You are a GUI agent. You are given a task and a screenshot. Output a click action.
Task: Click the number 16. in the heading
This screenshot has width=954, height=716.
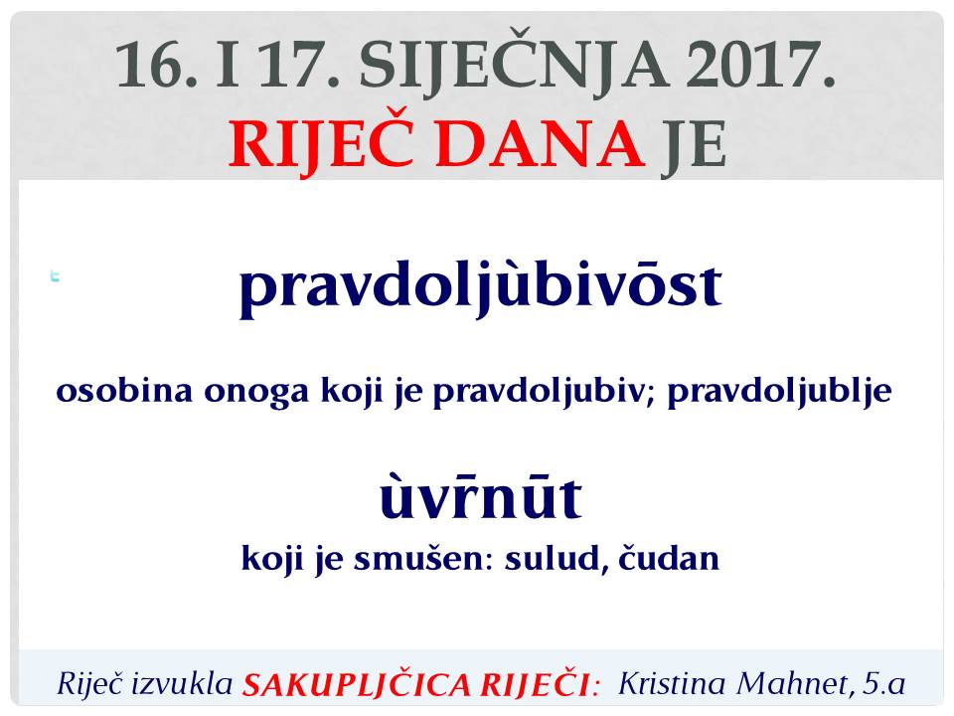click(x=156, y=64)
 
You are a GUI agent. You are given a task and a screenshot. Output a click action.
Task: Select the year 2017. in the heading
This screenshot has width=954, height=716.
click(x=761, y=64)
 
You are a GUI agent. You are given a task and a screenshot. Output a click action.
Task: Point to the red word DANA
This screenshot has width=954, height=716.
click(x=541, y=144)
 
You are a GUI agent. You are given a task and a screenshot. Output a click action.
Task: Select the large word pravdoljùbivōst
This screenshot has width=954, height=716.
click(x=481, y=286)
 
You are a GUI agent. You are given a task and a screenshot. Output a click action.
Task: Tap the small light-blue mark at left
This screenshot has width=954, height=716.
click(x=55, y=276)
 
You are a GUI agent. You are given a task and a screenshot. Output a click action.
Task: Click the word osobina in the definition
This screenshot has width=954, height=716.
click(x=124, y=390)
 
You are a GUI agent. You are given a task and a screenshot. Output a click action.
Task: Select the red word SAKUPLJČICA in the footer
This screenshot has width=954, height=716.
click(x=357, y=684)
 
